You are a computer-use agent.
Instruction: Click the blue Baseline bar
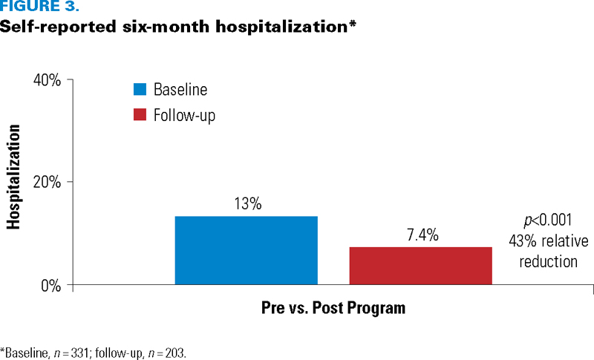click(x=247, y=250)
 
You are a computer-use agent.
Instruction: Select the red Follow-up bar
click(x=420, y=266)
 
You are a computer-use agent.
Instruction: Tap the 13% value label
click(x=248, y=203)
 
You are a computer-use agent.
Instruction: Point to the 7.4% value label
click(x=422, y=235)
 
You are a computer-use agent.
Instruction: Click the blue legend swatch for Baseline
click(x=140, y=89)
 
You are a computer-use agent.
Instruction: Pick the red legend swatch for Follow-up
click(x=140, y=115)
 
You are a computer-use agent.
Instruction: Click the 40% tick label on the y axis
click(x=47, y=80)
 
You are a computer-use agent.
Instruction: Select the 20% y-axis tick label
click(x=47, y=182)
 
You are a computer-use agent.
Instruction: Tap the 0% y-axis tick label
click(x=51, y=286)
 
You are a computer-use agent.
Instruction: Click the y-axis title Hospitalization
click(x=13, y=177)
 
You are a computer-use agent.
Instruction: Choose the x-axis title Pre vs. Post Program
click(x=333, y=308)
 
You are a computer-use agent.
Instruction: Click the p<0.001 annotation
click(x=548, y=220)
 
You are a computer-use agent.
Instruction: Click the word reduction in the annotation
click(x=548, y=261)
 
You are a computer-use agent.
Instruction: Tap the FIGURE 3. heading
click(x=40, y=6)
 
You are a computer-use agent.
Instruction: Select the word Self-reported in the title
click(x=58, y=27)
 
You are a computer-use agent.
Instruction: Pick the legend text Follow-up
click(x=184, y=115)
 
